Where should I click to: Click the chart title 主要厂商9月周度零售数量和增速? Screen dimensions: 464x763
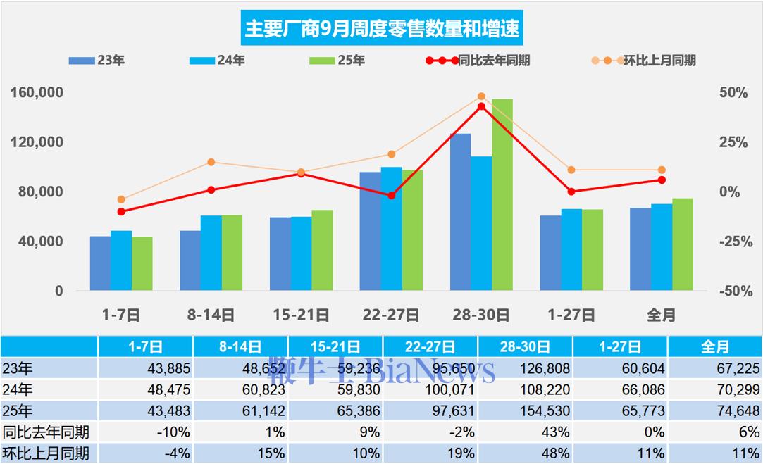(x=381, y=29)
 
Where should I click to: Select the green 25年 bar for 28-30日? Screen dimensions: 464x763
(x=502, y=195)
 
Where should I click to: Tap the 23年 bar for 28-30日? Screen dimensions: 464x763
(x=460, y=212)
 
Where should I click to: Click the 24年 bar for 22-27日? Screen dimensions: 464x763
(x=391, y=229)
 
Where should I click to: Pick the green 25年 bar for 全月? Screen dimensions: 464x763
(x=683, y=244)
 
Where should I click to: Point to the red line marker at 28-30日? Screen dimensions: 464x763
(x=481, y=106)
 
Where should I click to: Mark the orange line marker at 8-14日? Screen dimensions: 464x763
(x=211, y=163)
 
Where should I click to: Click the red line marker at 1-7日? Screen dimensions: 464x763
(x=121, y=211)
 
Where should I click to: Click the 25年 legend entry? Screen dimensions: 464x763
(x=337, y=61)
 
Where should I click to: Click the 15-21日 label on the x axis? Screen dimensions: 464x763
(x=301, y=315)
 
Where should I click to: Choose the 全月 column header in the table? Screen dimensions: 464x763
(x=714, y=346)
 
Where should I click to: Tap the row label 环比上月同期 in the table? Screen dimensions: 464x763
(x=46, y=453)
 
